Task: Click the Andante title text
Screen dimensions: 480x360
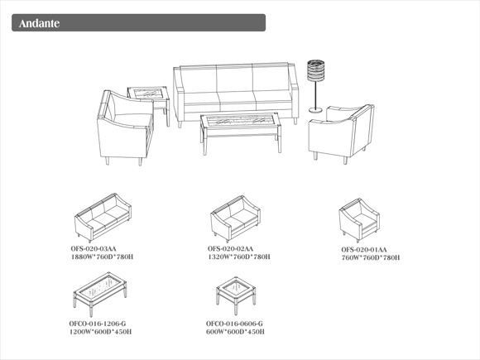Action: click(x=39, y=23)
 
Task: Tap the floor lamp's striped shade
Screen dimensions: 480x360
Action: click(x=315, y=70)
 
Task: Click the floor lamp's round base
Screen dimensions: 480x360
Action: click(x=315, y=109)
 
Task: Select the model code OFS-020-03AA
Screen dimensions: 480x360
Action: click(x=94, y=249)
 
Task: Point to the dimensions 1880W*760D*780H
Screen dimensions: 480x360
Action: click(x=103, y=257)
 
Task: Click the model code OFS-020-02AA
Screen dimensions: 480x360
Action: click(x=231, y=249)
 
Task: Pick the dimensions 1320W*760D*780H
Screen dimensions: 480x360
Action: click(x=239, y=257)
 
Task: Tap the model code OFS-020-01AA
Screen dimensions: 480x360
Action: click(x=364, y=249)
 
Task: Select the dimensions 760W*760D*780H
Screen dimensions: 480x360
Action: click(x=371, y=257)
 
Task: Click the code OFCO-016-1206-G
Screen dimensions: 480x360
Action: click(x=98, y=324)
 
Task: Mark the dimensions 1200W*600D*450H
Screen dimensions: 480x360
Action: click(x=101, y=332)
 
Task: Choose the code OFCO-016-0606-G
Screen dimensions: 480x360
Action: click(x=234, y=324)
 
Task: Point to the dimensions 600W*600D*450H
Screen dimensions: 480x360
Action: click(x=235, y=332)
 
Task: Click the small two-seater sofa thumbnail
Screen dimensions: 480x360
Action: click(x=235, y=218)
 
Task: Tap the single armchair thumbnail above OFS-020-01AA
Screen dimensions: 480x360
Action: click(x=359, y=220)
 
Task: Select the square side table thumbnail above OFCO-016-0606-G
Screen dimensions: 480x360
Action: click(x=236, y=295)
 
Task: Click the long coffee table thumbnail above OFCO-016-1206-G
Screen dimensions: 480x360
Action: click(x=100, y=294)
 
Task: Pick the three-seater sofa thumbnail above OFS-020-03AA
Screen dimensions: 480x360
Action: click(x=103, y=218)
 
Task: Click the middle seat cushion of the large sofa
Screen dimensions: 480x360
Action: click(x=237, y=97)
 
